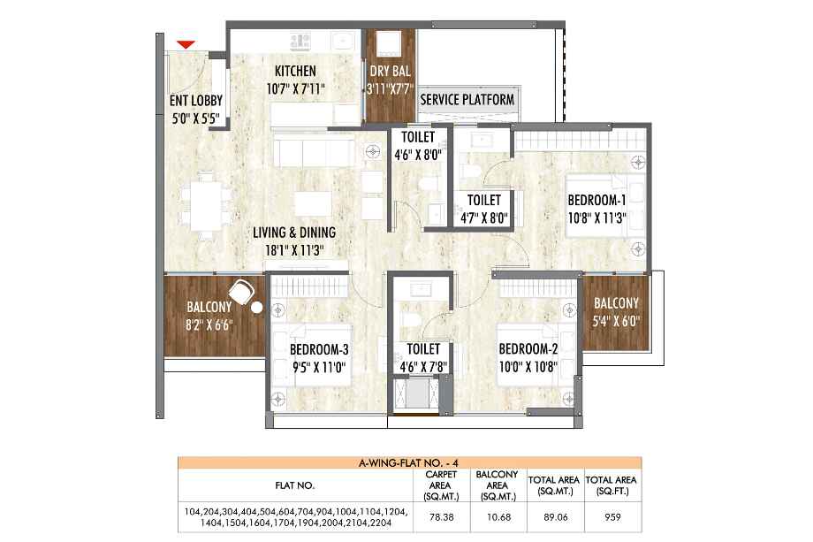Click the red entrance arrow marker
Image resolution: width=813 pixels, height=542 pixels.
point(186,45)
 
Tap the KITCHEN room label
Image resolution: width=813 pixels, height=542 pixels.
point(295,71)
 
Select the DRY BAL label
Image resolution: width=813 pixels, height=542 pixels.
point(390,71)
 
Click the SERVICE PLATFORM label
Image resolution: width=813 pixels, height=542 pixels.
point(467,100)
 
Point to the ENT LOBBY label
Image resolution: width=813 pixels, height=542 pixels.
point(196,101)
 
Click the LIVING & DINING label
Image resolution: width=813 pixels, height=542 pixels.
point(294,233)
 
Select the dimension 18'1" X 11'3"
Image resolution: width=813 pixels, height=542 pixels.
point(294,251)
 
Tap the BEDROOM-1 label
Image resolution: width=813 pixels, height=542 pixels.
point(596,200)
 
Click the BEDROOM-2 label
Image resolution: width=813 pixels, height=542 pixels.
point(528,349)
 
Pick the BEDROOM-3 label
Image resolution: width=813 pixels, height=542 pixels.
point(319,349)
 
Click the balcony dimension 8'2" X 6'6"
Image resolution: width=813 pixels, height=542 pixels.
point(209,325)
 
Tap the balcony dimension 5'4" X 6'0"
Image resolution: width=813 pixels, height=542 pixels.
point(616,322)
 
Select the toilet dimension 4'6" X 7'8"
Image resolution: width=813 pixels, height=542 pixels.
point(423,368)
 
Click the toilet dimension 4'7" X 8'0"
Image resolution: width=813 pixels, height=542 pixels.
point(483,218)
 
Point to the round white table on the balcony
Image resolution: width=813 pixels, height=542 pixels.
point(256,308)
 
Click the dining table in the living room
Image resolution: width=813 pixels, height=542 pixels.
point(207,205)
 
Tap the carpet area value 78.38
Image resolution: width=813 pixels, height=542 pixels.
point(441,517)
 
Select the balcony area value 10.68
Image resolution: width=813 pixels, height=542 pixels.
point(498,517)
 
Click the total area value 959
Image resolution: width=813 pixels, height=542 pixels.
point(612,517)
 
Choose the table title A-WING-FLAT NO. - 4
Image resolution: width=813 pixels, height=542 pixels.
point(408,463)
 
